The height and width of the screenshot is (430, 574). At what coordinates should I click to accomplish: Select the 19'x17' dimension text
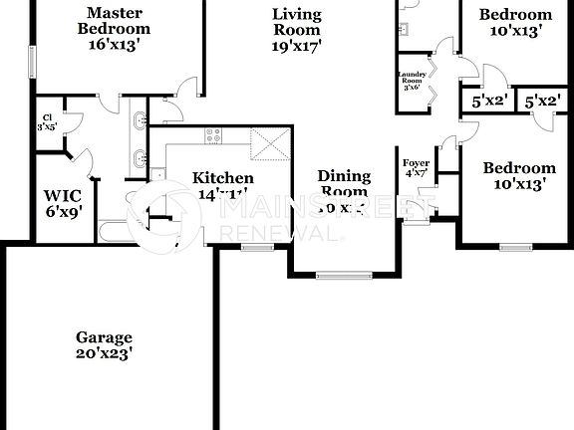[297, 45]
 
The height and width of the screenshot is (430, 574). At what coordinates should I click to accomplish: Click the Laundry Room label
[413, 79]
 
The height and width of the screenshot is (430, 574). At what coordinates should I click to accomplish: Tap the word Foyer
[416, 162]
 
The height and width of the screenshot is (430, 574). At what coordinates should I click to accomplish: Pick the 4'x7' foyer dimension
[416, 174]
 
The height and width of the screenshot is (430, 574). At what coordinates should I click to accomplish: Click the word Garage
[104, 337]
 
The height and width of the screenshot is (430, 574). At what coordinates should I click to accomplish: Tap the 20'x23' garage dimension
[104, 352]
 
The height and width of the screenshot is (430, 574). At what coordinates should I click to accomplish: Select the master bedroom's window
[32, 60]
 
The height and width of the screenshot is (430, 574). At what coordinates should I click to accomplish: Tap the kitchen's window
[257, 246]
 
